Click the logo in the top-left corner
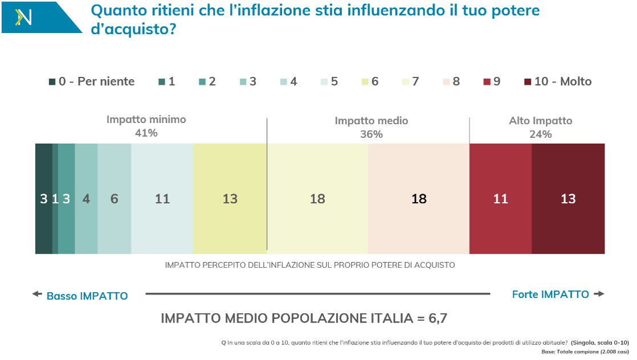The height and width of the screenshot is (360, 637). tap(24, 17)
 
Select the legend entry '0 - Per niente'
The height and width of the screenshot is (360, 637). tap(91, 81)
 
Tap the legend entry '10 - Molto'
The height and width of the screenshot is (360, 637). tap(557, 81)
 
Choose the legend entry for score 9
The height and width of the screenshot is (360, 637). tap(491, 81)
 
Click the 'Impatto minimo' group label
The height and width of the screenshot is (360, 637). tap(146, 120)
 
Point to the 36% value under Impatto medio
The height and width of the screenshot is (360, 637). tap(371, 134)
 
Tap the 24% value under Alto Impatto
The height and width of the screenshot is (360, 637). tap(540, 134)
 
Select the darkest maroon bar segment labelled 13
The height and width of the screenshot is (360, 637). tap(568, 199)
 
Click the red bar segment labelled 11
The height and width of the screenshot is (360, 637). tap(500, 199)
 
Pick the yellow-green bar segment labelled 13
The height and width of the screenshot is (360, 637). tap(230, 199)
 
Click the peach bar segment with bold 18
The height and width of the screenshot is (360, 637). tap(419, 199)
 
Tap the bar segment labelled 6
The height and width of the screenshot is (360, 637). tap(114, 199)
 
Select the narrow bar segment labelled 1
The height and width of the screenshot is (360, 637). tap(55, 199)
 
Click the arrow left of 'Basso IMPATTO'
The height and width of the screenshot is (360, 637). tap(37, 294)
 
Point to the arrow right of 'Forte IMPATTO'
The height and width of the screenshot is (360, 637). tap(598, 294)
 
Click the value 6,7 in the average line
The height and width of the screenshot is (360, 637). tap(439, 318)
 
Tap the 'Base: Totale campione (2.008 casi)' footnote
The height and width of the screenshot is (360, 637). tap(585, 351)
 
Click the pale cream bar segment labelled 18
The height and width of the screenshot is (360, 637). tap(317, 199)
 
